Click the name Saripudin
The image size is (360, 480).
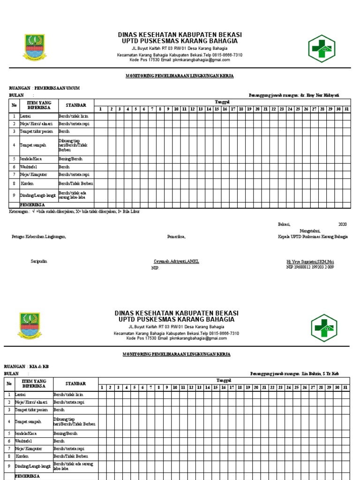(39, 261)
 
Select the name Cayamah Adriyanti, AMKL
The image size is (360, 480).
(176, 261)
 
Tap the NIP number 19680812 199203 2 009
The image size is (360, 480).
(310, 267)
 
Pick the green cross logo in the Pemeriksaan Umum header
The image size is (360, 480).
(322, 48)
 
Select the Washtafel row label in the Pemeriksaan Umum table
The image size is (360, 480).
(28, 166)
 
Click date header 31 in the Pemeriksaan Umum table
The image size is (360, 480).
(346, 109)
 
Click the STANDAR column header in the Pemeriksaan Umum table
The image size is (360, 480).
(75, 105)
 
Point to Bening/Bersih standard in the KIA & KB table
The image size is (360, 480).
(65, 434)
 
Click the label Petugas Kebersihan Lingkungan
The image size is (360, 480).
(39, 237)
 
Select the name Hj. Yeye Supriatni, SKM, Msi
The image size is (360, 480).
(310, 261)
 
